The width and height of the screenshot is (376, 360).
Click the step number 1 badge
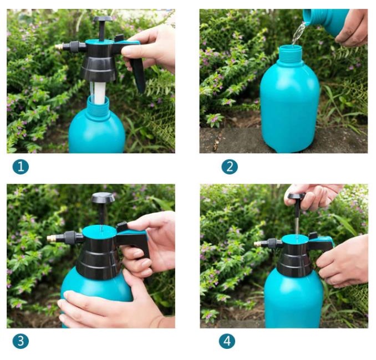[x=21, y=167]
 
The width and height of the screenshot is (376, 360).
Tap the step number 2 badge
[x=230, y=167]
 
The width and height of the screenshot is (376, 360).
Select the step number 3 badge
[x=21, y=341]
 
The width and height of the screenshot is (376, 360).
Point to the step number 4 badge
[x=227, y=341]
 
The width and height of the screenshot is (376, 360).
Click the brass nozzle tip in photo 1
[x=59, y=47]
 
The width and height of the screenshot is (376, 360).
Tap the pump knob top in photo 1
[x=103, y=19]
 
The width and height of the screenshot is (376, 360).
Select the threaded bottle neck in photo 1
[x=98, y=108]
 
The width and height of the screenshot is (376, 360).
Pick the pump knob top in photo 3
[x=103, y=198]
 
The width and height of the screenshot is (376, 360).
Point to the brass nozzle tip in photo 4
[x=257, y=244]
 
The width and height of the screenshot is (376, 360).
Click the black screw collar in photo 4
[x=294, y=261]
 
